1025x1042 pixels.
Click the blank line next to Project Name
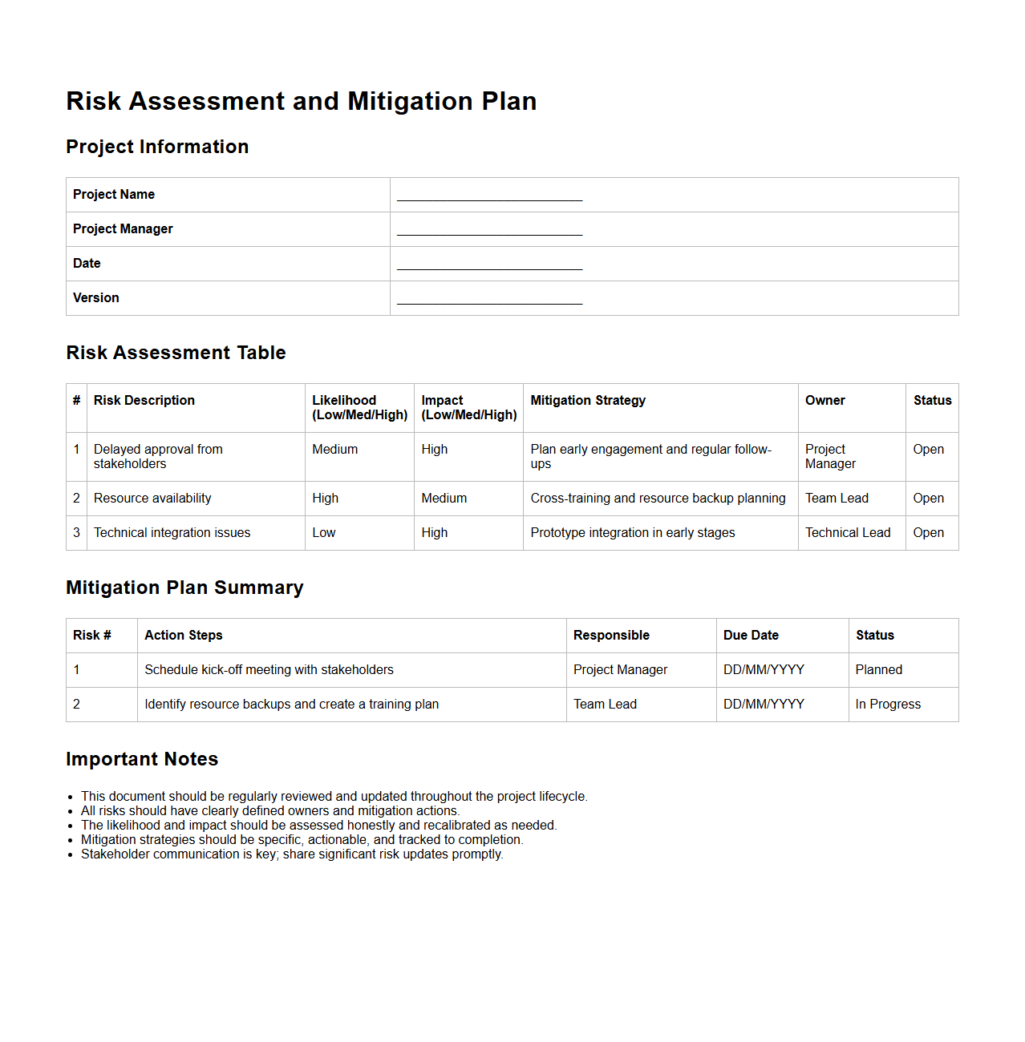489,196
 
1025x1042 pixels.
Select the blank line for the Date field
489,265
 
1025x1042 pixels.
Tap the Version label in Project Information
96,298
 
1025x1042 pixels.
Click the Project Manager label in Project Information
123,229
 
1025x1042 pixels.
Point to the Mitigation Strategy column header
588,401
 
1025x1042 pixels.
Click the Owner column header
824,401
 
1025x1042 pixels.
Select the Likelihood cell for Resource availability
326,499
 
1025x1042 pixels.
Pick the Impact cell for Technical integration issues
435,533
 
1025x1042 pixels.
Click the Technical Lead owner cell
848,533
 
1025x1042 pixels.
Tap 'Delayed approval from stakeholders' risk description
158,457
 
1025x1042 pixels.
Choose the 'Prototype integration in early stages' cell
633,533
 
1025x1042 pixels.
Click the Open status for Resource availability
928,499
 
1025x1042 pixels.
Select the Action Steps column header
184,636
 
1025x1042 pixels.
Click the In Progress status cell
888,705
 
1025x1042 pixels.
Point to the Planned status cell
879,670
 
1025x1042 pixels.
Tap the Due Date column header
751,636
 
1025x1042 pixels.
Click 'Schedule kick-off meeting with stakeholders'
269,670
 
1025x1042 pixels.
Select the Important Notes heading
142,759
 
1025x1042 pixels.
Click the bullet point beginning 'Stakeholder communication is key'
292,854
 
